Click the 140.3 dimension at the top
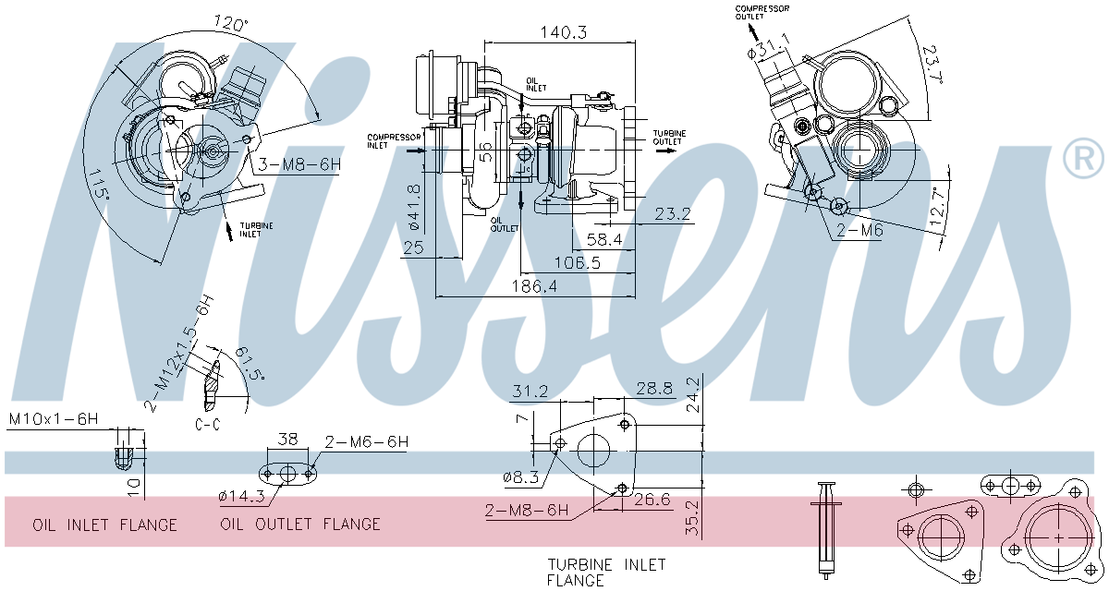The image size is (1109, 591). point(563,32)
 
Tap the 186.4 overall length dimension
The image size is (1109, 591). point(534,286)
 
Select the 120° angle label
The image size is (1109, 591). point(231,23)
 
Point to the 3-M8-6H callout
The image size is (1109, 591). point(299,164)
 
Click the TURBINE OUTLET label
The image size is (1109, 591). point(669,138)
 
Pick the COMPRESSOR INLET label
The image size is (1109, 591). point(394,141)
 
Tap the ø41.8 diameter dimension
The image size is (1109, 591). point(414,207)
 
